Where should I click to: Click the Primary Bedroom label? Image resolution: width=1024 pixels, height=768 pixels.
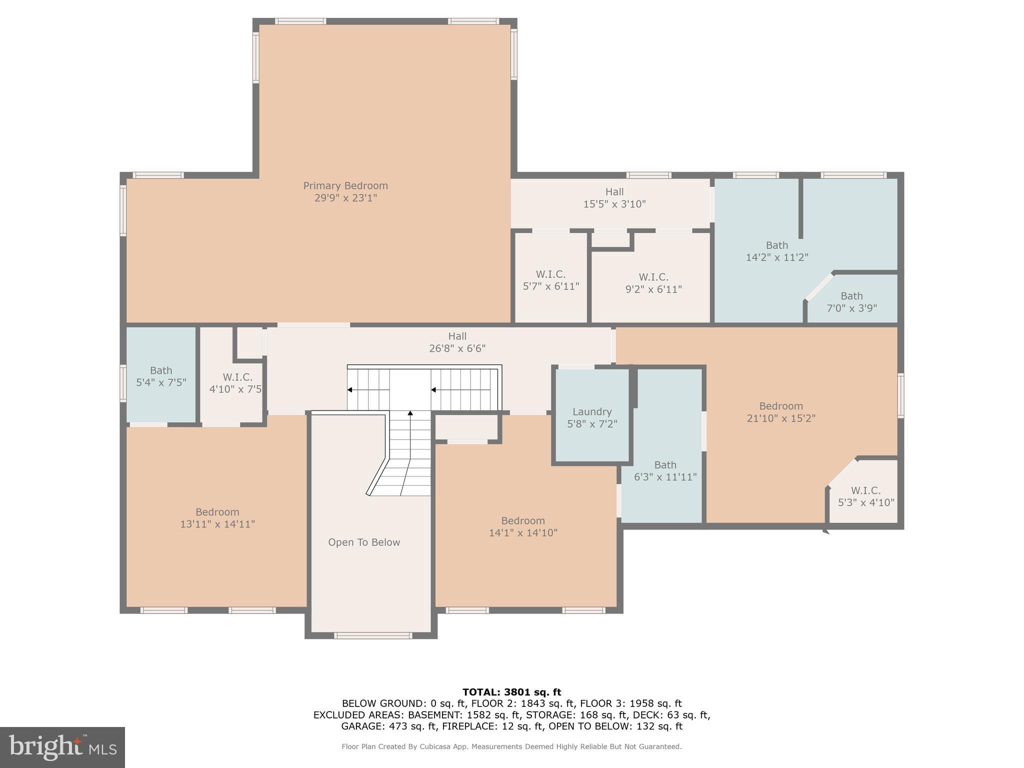(345, 186)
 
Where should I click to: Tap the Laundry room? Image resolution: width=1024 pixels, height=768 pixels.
(592, 417)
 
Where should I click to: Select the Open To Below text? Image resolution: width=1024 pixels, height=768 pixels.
(364, 542)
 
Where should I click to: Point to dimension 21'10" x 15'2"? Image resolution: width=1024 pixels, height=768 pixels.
(781, 418)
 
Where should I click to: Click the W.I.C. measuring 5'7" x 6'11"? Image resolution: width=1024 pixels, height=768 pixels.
(551, 280)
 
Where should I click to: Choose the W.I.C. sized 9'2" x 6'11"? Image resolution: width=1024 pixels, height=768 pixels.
(653, 283)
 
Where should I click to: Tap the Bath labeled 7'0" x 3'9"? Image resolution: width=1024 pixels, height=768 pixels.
(851, 302)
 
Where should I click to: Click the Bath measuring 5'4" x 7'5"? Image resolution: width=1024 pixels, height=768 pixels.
(161, 376)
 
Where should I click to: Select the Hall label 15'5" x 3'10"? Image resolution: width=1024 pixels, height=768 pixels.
(614, 198)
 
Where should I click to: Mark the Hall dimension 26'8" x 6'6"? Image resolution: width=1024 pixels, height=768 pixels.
(457, 348)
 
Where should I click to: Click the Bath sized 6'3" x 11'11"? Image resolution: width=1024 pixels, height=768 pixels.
(665, 471)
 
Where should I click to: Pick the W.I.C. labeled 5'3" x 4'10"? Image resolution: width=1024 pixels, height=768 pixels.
(866, 496)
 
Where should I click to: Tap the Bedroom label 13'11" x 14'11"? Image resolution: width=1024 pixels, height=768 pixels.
(217, 518)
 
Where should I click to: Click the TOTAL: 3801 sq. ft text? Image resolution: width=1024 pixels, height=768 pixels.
(511, 692)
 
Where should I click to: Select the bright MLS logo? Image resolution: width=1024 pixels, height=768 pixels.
(62, 747)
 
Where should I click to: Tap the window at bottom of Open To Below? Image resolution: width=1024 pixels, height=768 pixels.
(373, 635)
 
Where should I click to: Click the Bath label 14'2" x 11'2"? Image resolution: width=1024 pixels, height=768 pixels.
(777, 251)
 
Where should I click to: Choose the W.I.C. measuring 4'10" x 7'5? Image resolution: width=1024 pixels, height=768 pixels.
(235, 383)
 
